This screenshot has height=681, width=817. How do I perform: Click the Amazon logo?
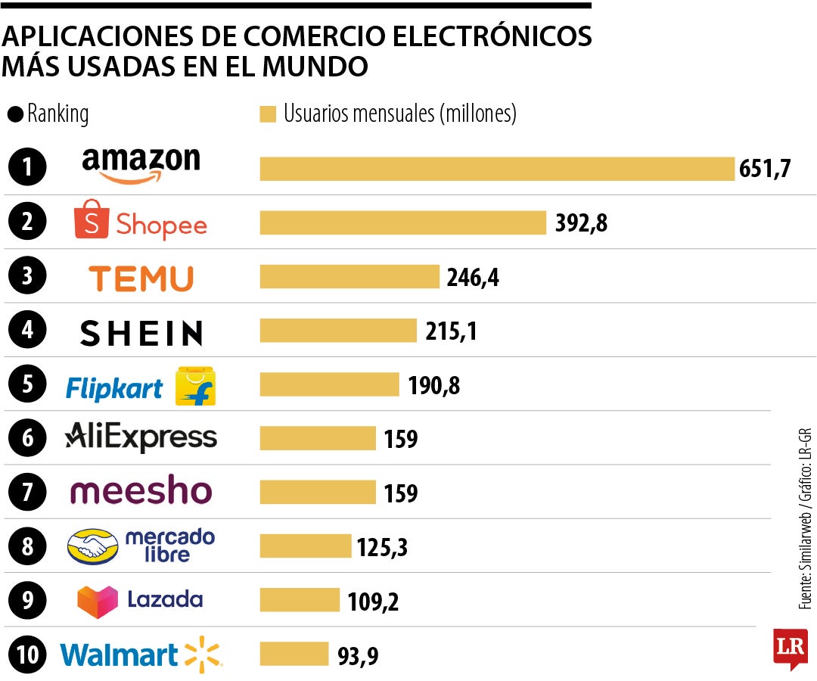pos(141,164)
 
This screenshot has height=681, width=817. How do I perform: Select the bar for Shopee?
pos(402,222)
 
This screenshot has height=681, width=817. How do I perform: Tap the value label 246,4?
pos(473,278)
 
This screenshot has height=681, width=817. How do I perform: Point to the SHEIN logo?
pos(141,333)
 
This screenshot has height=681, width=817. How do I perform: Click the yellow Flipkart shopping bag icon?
pos(195,386)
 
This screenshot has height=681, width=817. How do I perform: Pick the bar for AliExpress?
pos(318,438)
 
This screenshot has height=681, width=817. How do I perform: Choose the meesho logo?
pos(141,491)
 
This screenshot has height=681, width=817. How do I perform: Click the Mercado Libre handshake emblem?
pos(92,546)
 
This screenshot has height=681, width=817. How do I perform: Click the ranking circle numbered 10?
pos(27,655)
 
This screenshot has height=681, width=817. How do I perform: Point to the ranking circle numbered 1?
pos(27,168)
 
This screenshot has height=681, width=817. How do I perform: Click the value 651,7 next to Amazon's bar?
pos(764,168)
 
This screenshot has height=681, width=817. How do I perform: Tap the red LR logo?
pos(790,648)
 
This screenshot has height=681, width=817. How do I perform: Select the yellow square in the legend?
pos(267,114)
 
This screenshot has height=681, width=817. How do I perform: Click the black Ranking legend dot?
pos(14,115)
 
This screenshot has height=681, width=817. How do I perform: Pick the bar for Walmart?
pos(294,654)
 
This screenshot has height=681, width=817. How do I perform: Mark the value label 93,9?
pos(358,656)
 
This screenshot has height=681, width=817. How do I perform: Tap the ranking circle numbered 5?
pos(27,384)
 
